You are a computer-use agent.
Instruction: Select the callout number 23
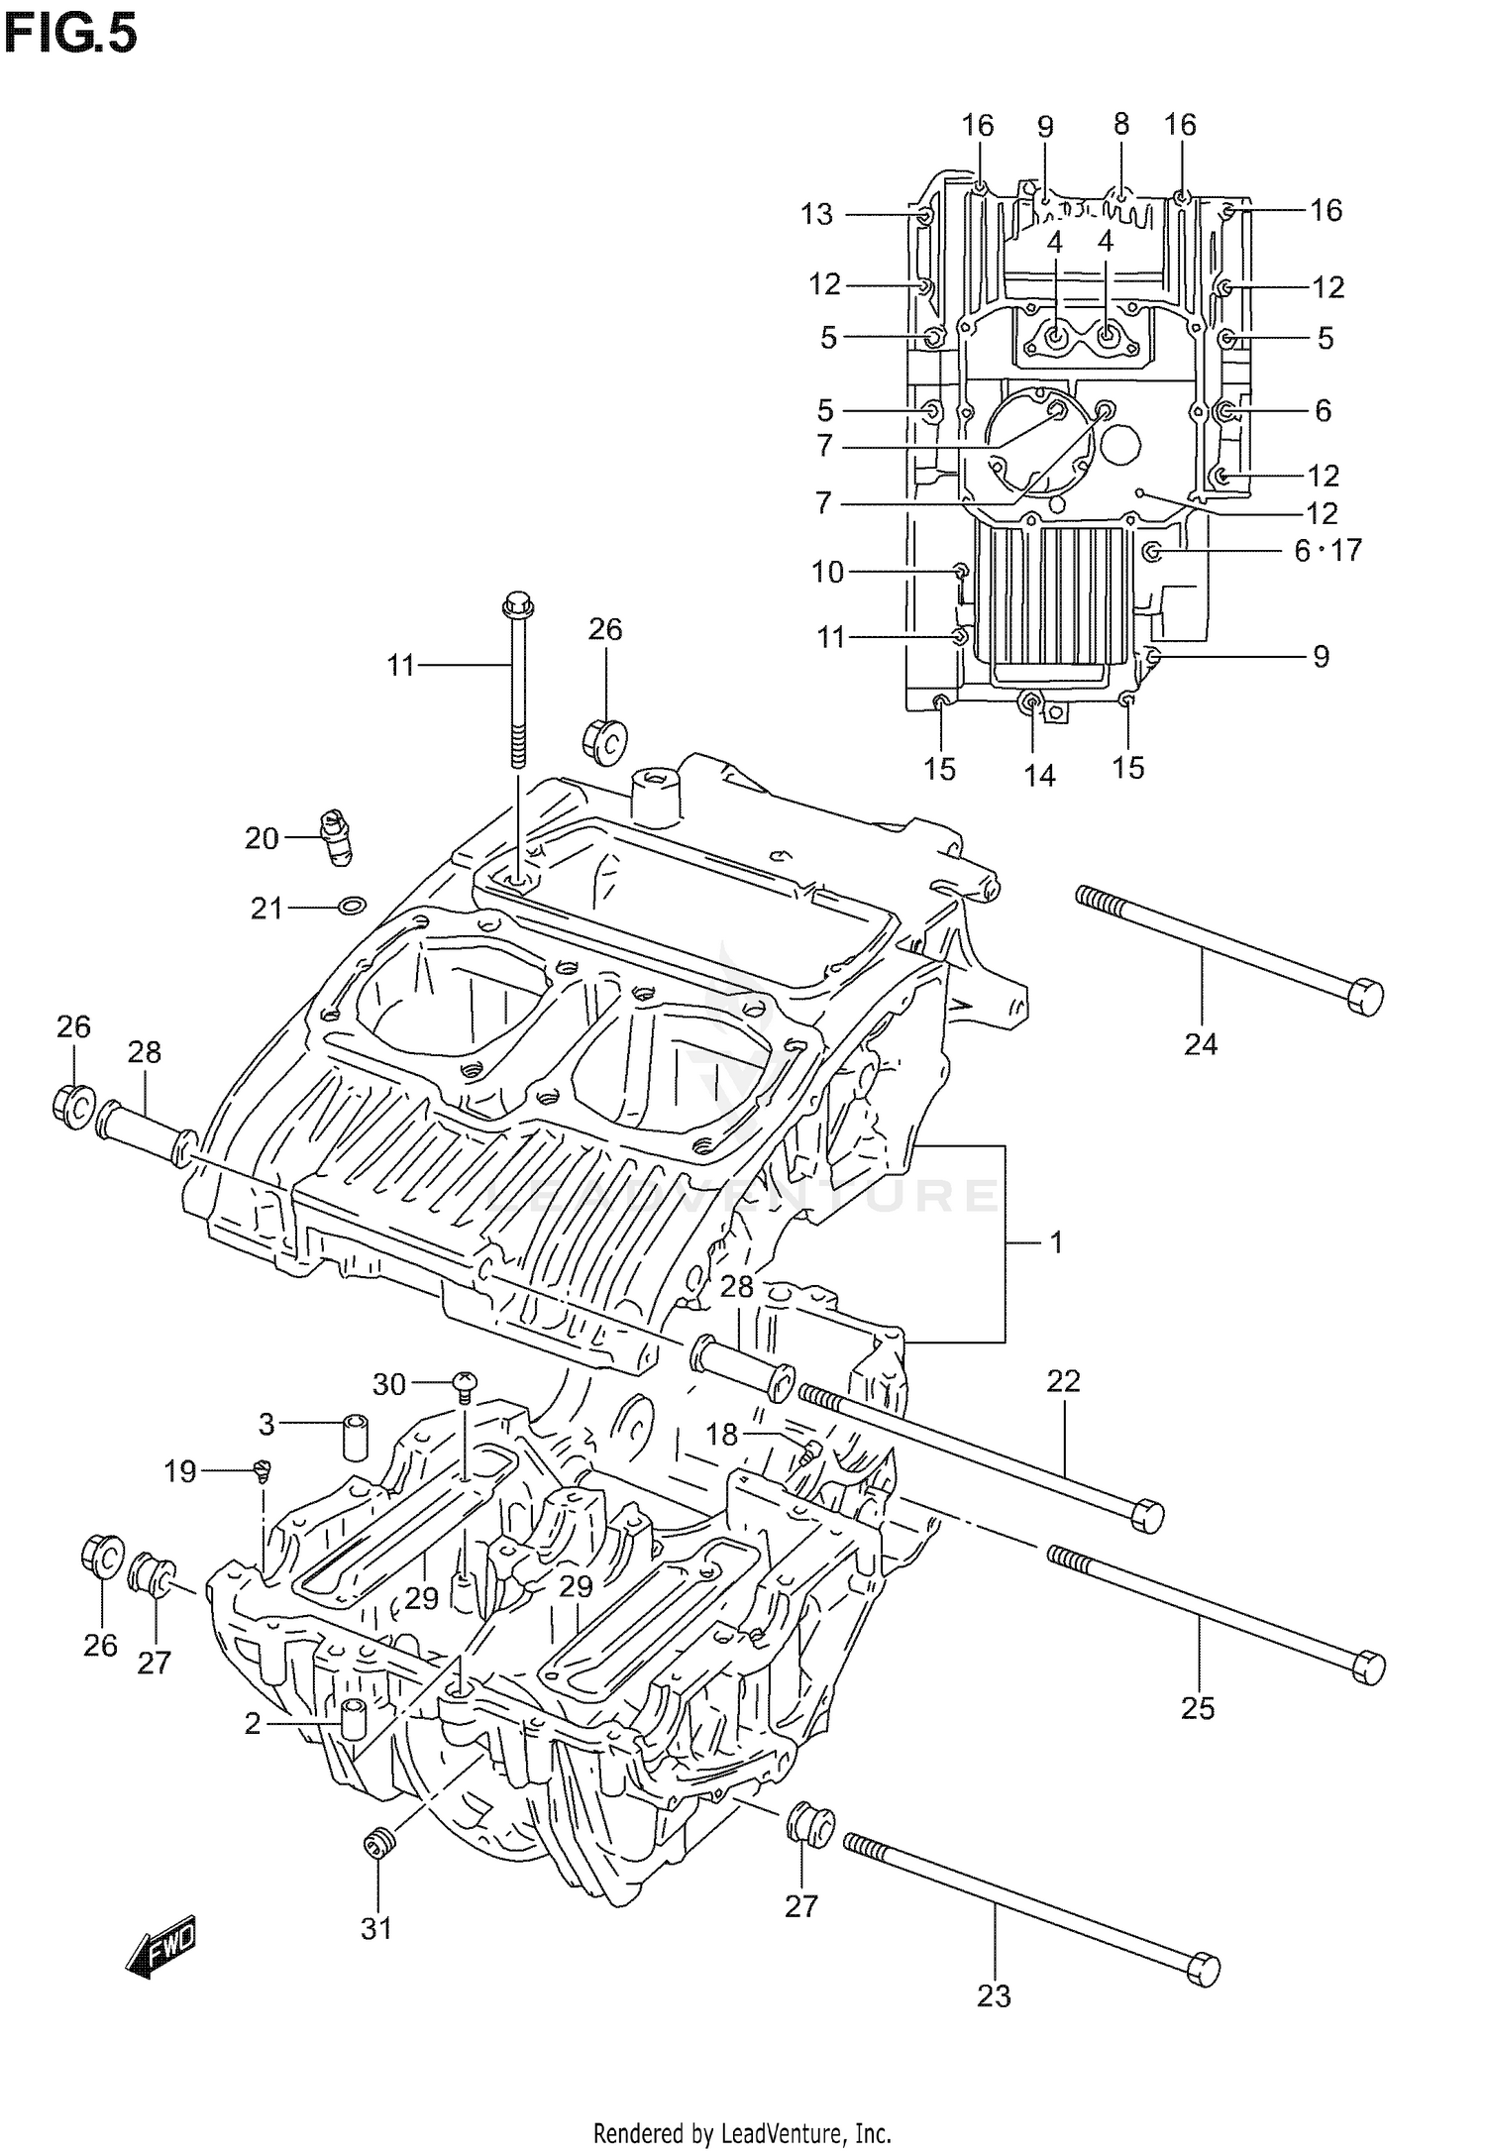point(994,1995)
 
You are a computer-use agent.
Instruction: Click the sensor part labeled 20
point(337,837)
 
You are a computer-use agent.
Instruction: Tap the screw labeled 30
point(465,1380)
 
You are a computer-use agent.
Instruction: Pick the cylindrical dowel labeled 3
point(356,1439)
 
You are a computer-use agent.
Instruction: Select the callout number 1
point(1056,1241)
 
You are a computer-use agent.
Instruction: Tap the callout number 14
point(1039,776)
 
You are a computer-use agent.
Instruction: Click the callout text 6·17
point(1327,550)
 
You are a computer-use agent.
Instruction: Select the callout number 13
point(817,214)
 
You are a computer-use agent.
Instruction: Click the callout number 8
point(1120,124)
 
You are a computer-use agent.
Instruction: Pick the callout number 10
point(827,572)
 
